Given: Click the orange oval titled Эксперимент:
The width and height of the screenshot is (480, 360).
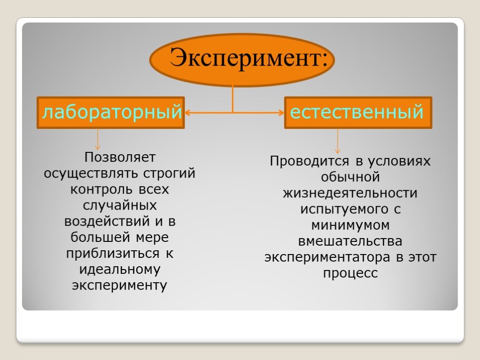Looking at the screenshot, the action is point(242,60).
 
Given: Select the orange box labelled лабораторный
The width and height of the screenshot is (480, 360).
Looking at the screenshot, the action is point(111,112).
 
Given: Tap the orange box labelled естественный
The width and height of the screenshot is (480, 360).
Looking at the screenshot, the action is point(358,112).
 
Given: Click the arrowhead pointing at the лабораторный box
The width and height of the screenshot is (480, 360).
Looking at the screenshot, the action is point(187,112).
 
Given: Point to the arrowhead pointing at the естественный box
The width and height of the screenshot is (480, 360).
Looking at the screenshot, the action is point(281,112).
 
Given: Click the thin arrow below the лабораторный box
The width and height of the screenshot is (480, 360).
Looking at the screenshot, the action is point(97,139).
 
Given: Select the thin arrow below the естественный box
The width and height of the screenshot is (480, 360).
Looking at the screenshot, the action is point(337,141).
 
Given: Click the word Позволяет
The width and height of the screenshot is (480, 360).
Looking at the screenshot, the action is point(120,157).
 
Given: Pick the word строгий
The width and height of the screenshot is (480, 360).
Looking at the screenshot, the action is point(169,173).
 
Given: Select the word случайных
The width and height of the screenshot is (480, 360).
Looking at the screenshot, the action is point(120,205).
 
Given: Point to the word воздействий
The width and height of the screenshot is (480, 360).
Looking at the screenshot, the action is point(107,221).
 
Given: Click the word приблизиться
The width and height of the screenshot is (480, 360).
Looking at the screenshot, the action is point(113,254).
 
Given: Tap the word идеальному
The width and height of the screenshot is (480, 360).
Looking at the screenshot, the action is point(120,270).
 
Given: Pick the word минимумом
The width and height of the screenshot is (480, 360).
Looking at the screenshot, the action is point(350,225).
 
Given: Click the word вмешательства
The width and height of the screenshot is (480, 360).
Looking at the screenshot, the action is point(350,241).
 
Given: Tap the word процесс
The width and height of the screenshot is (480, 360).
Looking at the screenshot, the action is point(350,273).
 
